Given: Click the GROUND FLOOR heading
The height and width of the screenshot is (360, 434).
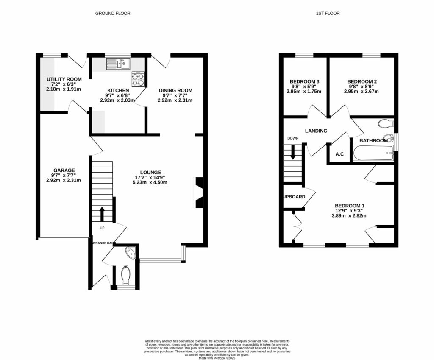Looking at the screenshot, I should (x=112, y=14).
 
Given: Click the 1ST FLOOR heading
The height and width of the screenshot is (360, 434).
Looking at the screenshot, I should (x=328, y=14).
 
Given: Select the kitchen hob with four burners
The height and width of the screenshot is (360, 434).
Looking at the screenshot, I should (x=138, y=79).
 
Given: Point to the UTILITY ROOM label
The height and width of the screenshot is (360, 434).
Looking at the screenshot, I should (x=64, y=79).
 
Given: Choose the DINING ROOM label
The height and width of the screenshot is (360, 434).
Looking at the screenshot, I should (x=175, y=90).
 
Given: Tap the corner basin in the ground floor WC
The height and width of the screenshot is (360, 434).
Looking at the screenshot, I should (x=130, y=253).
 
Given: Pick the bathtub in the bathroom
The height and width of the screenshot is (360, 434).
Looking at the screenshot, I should (x=373, y=153).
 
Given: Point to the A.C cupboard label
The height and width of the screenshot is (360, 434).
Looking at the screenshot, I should (x=339, y=154).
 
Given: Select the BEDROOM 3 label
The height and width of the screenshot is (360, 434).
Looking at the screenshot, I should (x=304, y=82).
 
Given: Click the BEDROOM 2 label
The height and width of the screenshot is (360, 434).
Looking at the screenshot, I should (x=362, y=82).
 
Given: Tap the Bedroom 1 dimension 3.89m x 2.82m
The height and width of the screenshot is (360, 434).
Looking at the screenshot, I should (x=349, y=216).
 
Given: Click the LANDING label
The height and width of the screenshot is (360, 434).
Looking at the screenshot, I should (x=316, y=131).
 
